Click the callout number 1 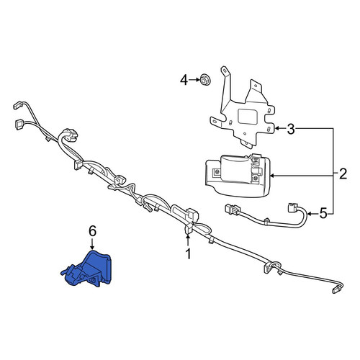pyautogui.click(x=189, y=253)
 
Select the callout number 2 pyautogui.click(x=343, y=174)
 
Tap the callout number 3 pyautogui.click(x=291, y=130)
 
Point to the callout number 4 pyautogui.click(x=184, y=80)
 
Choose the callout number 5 pyautogui.click(x=323, y=213)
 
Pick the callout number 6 pyautogui.click(x=92, y=231)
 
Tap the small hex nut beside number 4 pyautogui.click(x=205, y=80)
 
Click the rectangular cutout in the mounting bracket pyautogui.click(x=247, y=117)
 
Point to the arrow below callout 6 pyautogui.click(x=92, y=244)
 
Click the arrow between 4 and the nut pyautogui.click(x=194, y=80)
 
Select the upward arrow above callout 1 pyautogui.click(x=189, y=240)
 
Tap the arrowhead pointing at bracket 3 pyautogui.click(x=276, y=129)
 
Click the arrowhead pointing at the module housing pyautogui.click(x=272, y=176)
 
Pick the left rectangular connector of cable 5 pyautogui.click(x=232, y=209)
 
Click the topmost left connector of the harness pyautogui.click(x=18, y=105)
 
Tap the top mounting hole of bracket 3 pyautogui.click(x=224, y=71)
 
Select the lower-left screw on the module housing pyautogui.click(x=217, y=172)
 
